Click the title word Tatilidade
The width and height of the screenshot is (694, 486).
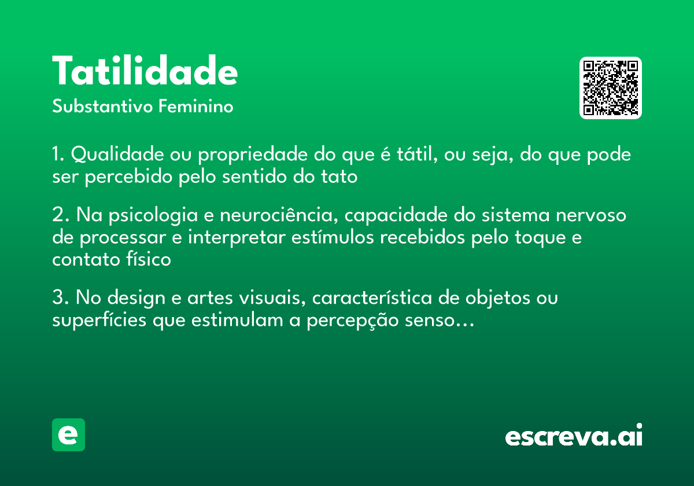click(x=145, y=72)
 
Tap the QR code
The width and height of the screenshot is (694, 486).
click(x=611, y=88)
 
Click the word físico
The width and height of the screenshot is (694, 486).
click(x=147, y=259)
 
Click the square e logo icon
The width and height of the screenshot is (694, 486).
click(x=68, y=435)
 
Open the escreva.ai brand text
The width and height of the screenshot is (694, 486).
click(x=573, y=436)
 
